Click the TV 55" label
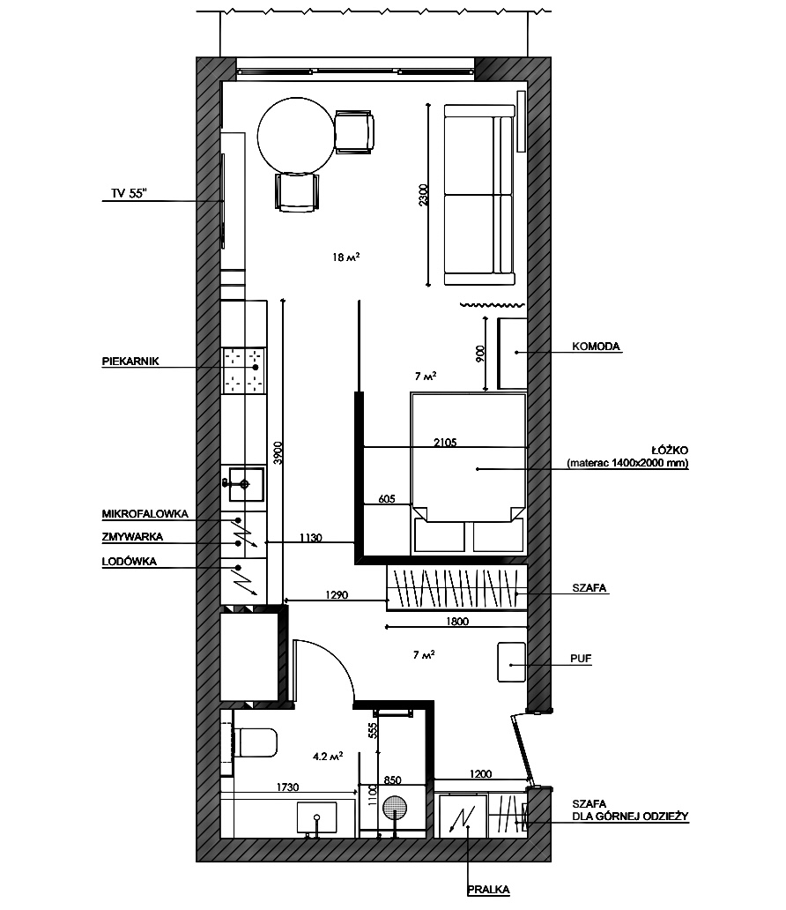pos(129,193)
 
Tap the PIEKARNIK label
pos(130,361)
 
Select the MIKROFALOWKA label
pos(145,513)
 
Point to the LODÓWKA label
pos(130,561)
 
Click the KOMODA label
pos(596,347)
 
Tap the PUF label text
pos(581,659)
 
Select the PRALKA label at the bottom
pos(489,889)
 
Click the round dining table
pos(296,136)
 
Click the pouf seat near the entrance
pos(512,662)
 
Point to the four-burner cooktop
pos(243,369)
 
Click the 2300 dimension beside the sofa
pos(424,195)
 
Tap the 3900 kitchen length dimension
pos(278,452)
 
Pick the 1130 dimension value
pos(311,538)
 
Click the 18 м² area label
pos(345,257)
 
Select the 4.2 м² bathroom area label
pos(328,757)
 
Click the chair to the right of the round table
pos(354,131)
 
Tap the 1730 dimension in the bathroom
pos(288,787)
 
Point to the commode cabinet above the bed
pos(512,354)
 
